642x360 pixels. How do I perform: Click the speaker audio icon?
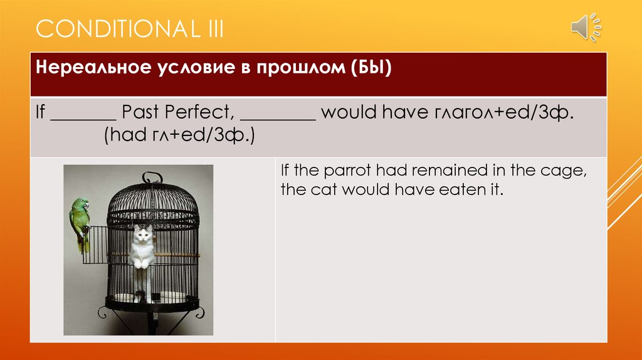point(586,28)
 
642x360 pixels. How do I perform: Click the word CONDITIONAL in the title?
point(116,29)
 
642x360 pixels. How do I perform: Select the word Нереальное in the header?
point(93,67)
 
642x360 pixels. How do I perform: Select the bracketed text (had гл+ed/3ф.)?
point(179,135)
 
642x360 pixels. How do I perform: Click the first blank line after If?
point(83,120)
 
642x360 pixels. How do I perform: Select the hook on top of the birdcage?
point(152,177)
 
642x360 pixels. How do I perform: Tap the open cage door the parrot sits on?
point(95,245)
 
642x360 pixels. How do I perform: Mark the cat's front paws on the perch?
point(142,263)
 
